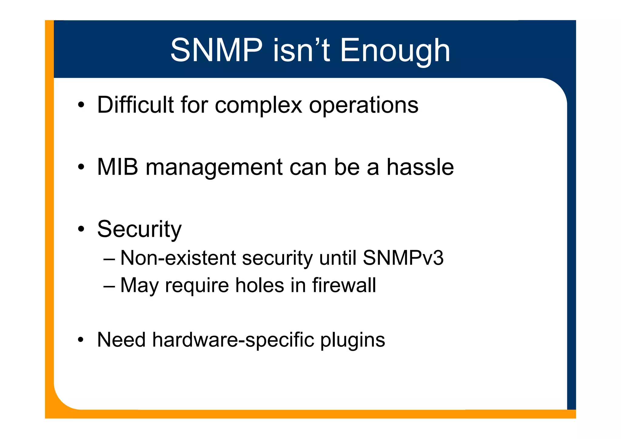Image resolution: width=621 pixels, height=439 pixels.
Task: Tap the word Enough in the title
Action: click(x=395, y=51)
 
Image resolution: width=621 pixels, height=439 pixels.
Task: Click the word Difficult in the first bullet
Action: click(x=136, y=105)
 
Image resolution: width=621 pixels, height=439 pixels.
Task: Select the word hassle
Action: click(x=420, y=167)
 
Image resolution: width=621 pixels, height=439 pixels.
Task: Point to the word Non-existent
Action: click(x=178, y=258)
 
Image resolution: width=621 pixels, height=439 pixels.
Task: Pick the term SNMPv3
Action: click(x=403, y=258)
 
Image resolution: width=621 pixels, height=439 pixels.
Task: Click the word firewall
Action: click(x=344, y=285)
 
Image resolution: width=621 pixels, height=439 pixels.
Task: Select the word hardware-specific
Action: click(x=233, y=340)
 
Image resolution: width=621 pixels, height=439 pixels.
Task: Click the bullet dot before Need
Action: click(x=80, y=340)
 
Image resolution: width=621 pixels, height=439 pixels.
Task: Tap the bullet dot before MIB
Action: click(x=80, y=167)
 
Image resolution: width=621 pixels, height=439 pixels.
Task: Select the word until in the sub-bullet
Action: click(x=337, y=258)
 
